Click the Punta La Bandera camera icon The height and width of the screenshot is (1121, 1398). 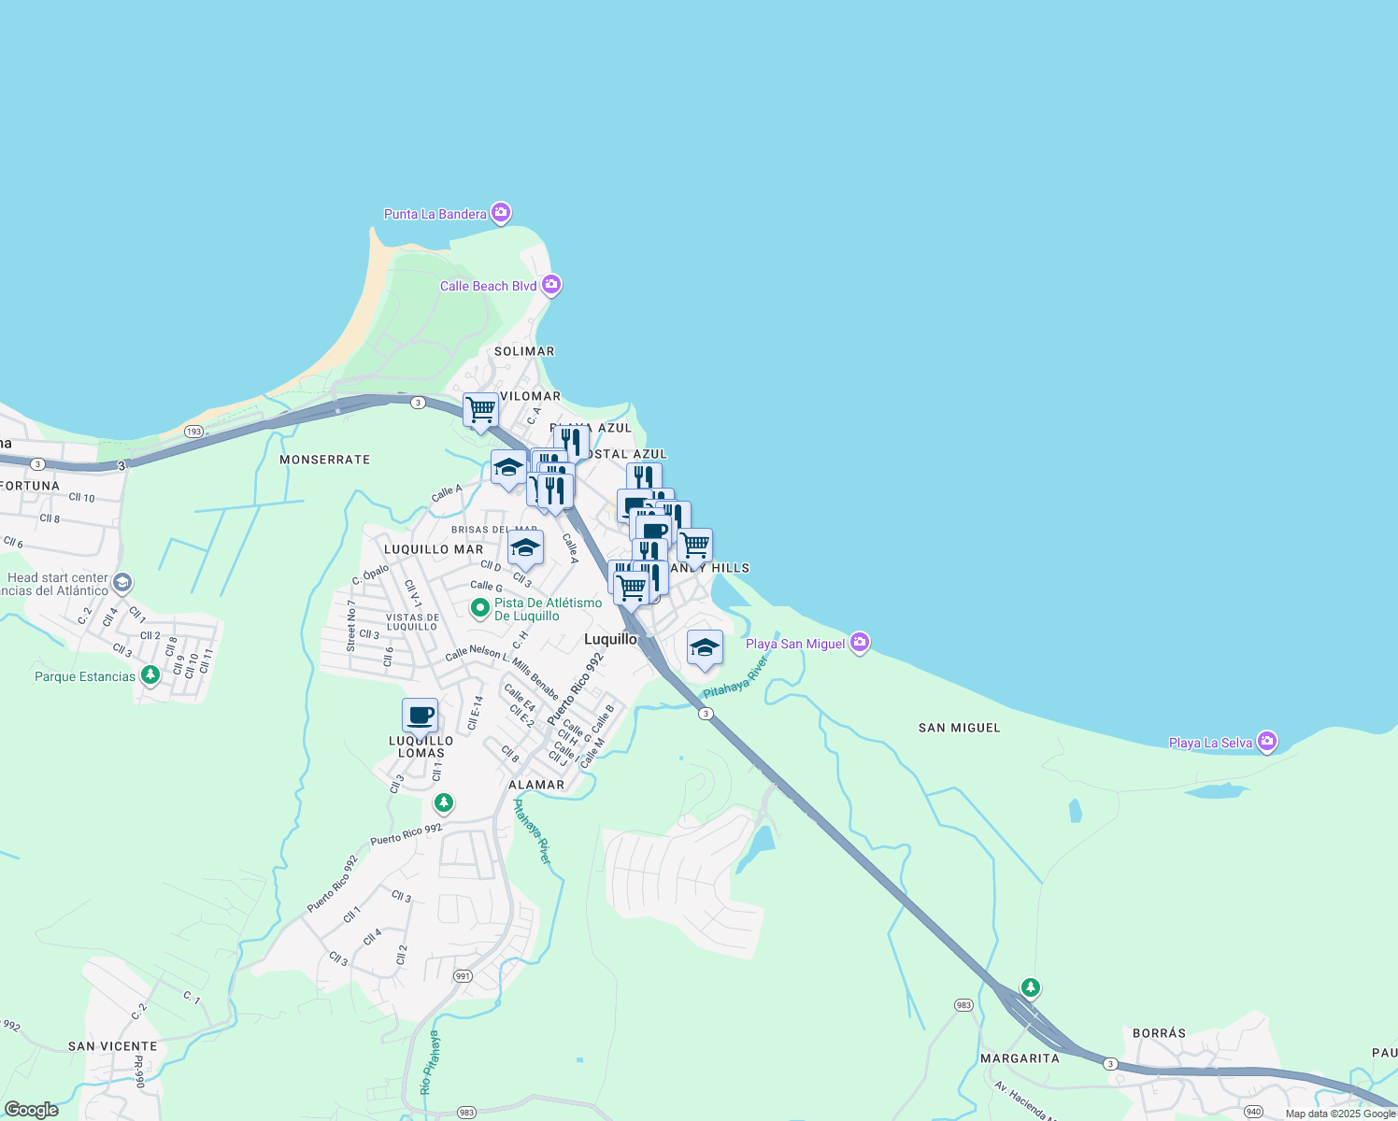click(502, 214)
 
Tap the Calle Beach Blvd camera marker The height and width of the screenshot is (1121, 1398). click(551, 285)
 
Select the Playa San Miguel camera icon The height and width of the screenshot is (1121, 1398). click(860, 643)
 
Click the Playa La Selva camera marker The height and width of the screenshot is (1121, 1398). click(1267, 742)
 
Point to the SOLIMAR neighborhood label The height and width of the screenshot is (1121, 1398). click(524, 351)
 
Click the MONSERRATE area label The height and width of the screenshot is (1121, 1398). click(325, 460)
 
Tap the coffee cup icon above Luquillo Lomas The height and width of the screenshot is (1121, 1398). click(420, 717)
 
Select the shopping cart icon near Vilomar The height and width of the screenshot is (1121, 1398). click(480, 410)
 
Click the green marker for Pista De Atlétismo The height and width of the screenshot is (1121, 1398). click(480, 609)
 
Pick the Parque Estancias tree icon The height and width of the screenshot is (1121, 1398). click(150, 675)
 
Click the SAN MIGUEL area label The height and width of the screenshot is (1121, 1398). click(959, 728)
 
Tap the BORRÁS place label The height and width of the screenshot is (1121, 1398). click(1159, 1033)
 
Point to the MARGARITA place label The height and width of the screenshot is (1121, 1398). click(1020, 1058)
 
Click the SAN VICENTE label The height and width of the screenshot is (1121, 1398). click(112, 1046)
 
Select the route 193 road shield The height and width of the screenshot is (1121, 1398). click(194, 432)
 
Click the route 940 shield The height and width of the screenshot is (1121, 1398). click(1254, 1112)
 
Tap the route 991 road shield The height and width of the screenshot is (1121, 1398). click(463, 976)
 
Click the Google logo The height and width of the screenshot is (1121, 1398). click(32, 1109)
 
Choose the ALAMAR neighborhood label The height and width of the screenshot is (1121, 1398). click(536, 785)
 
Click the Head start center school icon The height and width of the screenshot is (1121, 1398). click(122, 585)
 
